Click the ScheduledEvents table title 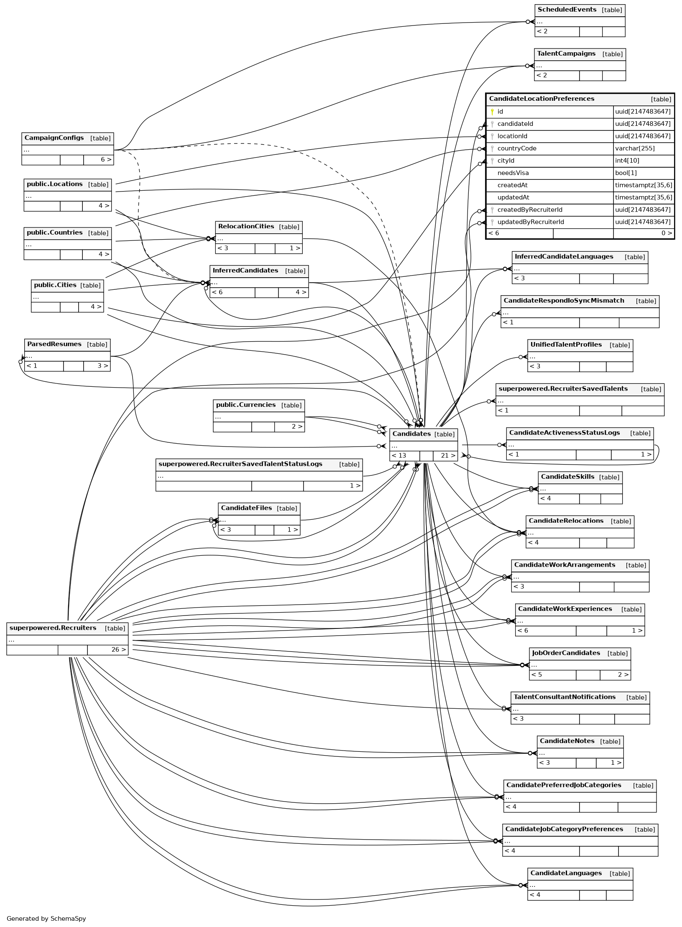(x=567, y=10)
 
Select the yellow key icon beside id (x=492, y=112)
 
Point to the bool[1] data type (x=626, y=173)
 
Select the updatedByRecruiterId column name (x=531, y=222)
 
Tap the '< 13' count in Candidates (x=399, y=455)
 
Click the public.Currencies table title (x=246, y=405)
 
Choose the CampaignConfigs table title (x=54, y=138)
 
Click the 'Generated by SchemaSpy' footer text (x=46, y=918)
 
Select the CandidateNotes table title (x=567, y=741)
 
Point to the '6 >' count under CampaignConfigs (x=106, y=160)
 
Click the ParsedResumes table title (x=54, y=344)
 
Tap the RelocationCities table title (x=246, y=227)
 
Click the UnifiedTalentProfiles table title (x=566, y=345)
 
